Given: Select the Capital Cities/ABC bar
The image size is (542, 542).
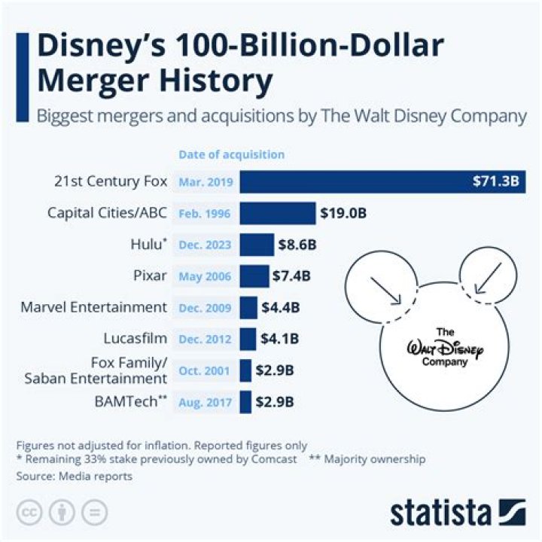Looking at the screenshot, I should (x=278, y=213).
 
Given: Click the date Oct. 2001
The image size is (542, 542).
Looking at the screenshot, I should (x=206, y=370).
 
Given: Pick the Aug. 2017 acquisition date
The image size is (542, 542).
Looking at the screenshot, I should (x=206, y=402).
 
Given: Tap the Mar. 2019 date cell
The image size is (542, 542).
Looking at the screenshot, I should (x=206, y=182).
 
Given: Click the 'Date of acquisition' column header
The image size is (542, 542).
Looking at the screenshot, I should (x=231, y=154).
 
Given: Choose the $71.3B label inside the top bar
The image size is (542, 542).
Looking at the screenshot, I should (x=495, y=182).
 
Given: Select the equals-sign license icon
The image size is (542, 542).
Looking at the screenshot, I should (x=94, y=512).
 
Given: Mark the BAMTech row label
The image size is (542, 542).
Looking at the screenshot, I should (x=124, y=402).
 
